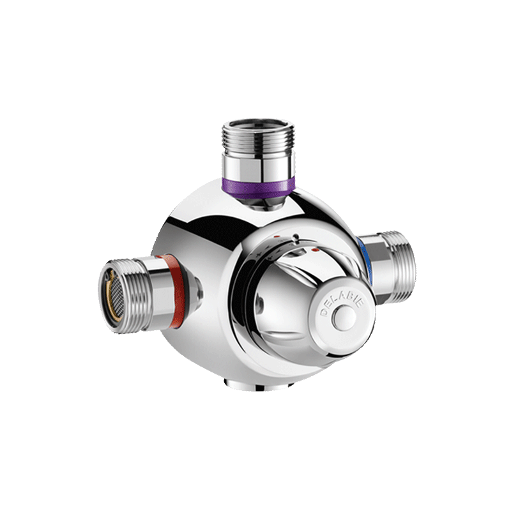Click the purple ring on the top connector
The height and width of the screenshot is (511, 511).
[259, 187]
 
